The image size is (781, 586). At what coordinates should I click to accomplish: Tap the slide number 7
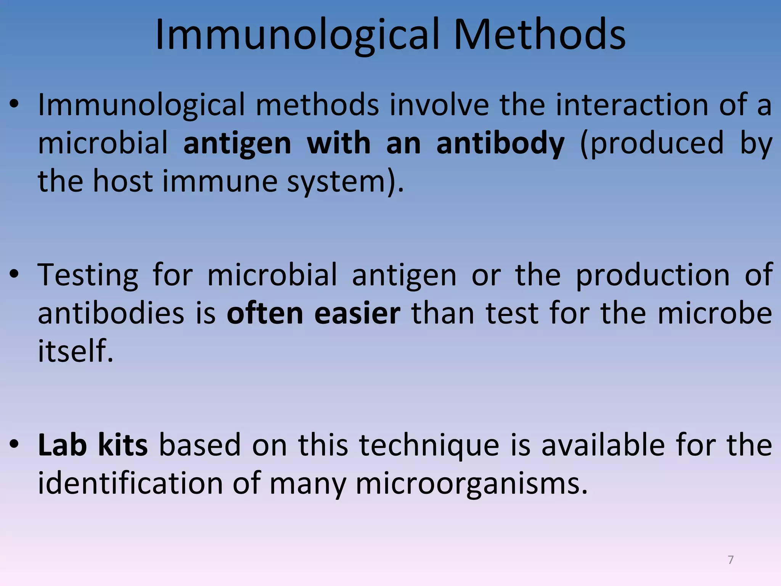click(731, 560)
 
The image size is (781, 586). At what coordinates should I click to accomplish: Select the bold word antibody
click(500, 143)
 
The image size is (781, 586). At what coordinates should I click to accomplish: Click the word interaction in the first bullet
click(632, 105)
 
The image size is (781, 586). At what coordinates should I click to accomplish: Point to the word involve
click(439, 105)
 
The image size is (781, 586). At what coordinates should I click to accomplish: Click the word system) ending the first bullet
click(345, 182)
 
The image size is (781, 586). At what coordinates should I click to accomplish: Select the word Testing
click(88, 275)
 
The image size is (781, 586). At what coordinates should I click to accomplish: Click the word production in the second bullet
click(652, 275)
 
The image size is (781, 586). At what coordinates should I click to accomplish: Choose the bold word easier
click(357, 313)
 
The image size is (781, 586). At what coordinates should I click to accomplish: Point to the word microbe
click(715, 313)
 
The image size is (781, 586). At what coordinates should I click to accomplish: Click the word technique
click(429, 446)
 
